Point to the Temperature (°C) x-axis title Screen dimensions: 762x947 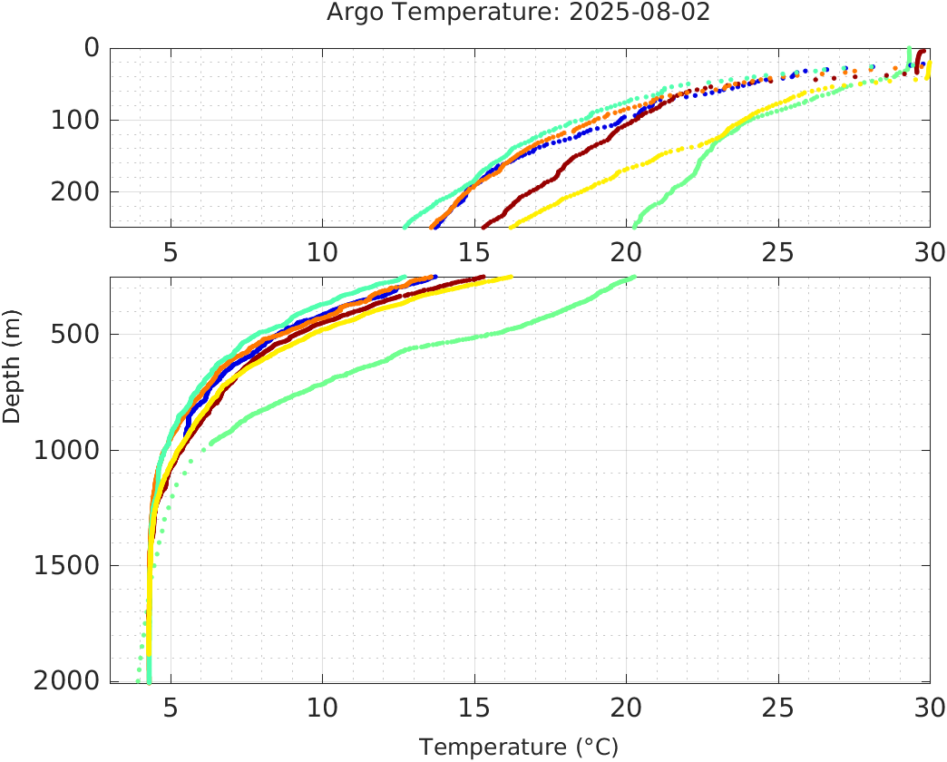(518, 747)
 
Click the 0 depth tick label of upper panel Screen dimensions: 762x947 (91, 47)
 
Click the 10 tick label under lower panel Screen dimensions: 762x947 (322, 706)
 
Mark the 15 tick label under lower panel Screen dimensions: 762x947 (473, 706)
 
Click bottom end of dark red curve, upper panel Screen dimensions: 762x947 (483, 225)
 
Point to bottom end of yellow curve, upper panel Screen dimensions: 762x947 (513, 225)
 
